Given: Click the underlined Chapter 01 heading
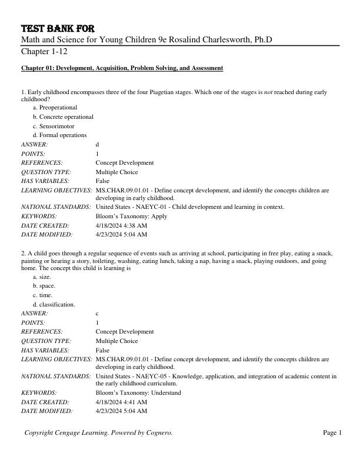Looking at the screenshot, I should point(122,68).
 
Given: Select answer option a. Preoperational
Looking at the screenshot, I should point(55,108).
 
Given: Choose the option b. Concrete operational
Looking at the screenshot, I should point(63,116).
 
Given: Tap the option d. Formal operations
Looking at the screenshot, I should point(59,135).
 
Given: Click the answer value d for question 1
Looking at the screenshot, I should point(98,144).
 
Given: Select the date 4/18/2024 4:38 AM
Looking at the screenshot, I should point(121,225).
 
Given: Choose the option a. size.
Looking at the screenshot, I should point(42,277).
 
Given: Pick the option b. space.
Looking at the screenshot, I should point(44,286).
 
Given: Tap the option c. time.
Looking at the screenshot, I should point(42,295).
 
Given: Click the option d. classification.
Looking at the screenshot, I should point(54,305).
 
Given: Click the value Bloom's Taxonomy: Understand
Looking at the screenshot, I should point(138,392).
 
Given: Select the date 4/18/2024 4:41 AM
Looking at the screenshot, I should point(121,402).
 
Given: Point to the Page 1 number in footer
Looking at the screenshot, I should point(332,433).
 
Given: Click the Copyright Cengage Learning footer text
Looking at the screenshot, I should point(98,433).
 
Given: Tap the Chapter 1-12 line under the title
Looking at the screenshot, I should point(44,51).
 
